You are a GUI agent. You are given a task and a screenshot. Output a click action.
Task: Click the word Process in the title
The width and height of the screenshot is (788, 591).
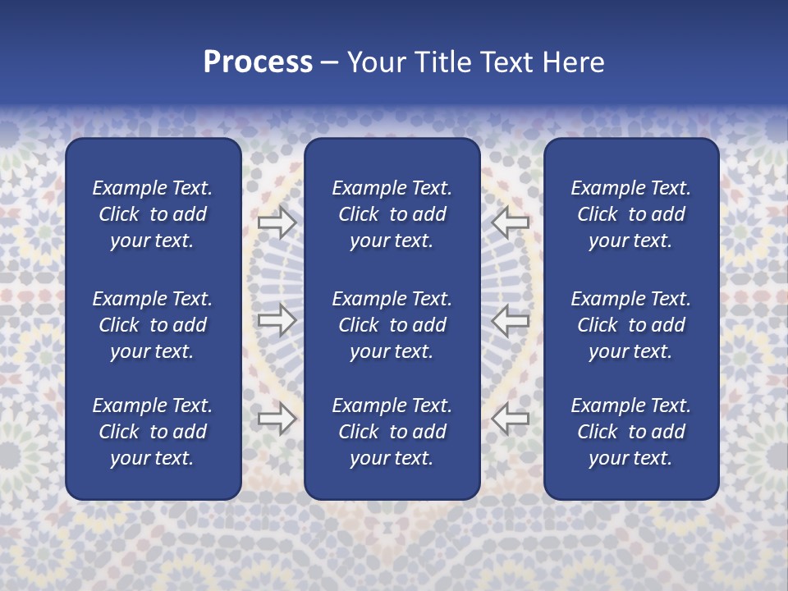(x=258, y=62)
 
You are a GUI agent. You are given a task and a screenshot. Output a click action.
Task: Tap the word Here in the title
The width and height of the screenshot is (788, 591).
(x=573, y=62)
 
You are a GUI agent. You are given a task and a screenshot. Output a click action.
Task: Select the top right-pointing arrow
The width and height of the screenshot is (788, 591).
(x=277, y=222)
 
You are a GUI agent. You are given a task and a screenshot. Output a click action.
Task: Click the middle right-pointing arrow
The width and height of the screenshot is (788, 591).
(x=277, y=320)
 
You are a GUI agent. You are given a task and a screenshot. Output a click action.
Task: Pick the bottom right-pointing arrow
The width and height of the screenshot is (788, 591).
(x=277, y=419)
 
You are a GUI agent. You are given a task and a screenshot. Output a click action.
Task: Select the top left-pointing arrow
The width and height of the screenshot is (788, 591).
(x=511, y=222)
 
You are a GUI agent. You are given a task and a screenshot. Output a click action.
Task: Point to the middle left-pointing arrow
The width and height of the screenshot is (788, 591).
(x=511, y=320)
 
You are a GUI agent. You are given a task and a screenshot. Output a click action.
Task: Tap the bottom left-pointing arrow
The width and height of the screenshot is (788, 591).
(x=511, y=419)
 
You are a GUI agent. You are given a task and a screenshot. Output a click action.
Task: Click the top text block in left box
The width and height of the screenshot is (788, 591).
(x=153, y=214)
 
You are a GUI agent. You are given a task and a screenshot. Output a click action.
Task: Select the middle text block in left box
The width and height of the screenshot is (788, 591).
(x=153, y=325)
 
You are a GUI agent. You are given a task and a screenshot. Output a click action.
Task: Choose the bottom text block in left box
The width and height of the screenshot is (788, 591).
(x=153, y=432)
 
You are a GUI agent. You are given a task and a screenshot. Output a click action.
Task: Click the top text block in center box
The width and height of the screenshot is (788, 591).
(x=392, y=214)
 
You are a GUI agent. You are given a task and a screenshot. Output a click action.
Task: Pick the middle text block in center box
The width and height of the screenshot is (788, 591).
(x=392, y=325)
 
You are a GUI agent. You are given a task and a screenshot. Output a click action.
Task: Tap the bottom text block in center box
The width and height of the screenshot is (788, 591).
(x=392, y=432)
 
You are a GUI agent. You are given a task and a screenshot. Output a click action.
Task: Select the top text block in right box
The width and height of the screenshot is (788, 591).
(x=630, y=214)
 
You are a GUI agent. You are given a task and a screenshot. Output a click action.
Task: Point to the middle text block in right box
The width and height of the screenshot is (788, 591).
(x=630, y=325)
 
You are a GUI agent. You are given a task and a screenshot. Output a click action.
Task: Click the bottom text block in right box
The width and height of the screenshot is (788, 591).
(x=630, y=432)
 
